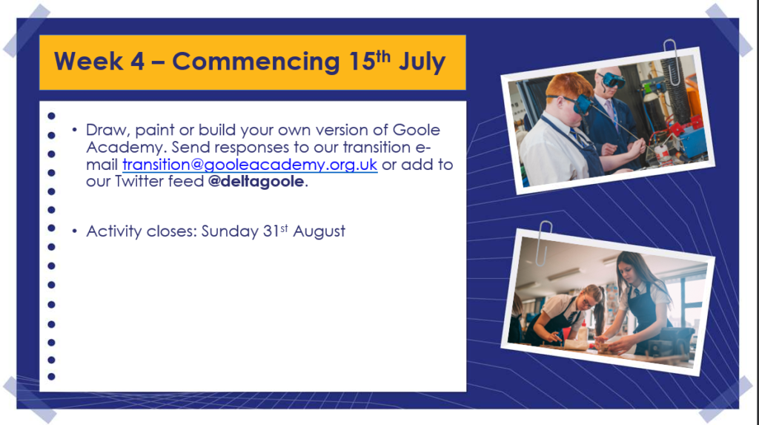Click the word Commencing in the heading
[256, 62]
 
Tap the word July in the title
[422, 62]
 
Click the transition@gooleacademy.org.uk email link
[250, 165]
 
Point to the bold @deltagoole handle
[256, 181]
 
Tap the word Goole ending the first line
[417, 130]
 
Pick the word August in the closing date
[319, 231]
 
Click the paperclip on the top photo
[672, 62]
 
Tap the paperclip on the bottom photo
[543, 243]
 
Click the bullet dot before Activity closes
[75, 231]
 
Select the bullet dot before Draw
[75, 130]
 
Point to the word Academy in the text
[126, 148]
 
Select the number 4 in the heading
[137, 62]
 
